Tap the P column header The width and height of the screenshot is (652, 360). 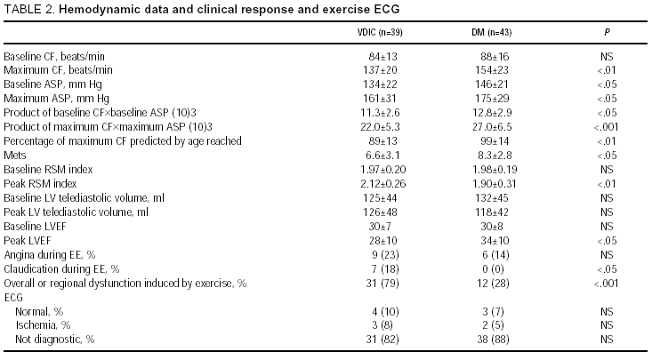pos(606,31)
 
